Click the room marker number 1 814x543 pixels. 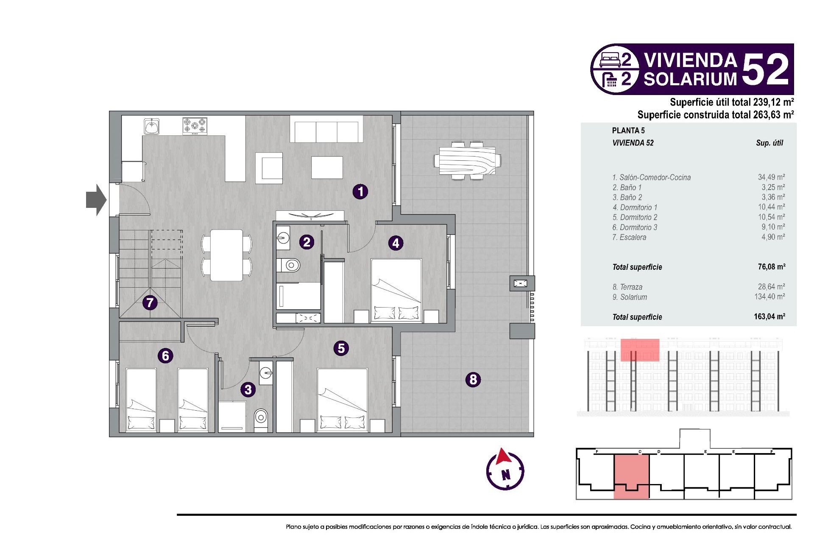360,191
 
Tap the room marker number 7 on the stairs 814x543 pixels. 150,302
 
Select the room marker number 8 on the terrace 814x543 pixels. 473,379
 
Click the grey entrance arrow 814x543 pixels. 96,199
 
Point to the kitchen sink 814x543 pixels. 152,126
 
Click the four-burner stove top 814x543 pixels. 195,126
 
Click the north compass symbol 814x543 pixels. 505,471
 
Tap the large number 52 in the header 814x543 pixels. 766,69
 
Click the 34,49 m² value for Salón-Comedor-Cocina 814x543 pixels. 771,177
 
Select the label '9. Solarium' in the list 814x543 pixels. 630,297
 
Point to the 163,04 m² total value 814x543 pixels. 769,316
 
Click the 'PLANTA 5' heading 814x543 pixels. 628,131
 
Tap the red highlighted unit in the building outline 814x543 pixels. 631,475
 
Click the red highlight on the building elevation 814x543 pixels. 640,350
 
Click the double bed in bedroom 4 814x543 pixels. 396,291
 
